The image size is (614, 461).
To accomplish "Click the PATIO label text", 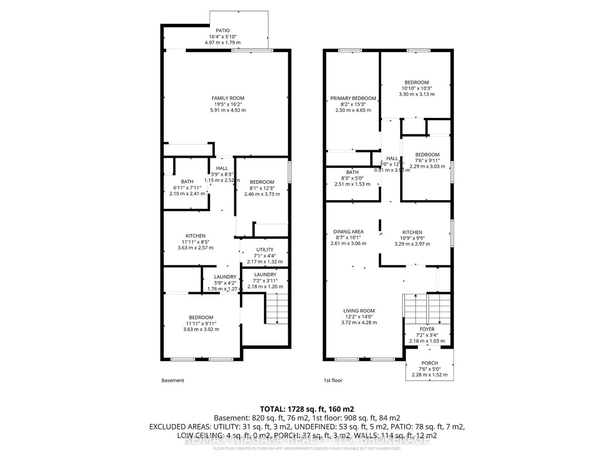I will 223,31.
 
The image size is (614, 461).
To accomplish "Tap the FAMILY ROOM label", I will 228,98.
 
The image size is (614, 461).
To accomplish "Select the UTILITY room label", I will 265,250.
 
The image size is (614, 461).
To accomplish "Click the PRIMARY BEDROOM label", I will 353,98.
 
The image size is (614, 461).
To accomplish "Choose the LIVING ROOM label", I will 359,311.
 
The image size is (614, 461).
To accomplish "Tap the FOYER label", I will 427,329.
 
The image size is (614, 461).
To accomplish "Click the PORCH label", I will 429,363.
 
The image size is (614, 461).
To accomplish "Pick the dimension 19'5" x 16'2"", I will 228,104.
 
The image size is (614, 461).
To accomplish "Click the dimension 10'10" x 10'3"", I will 417,88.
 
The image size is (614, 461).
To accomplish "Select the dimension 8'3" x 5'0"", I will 352,178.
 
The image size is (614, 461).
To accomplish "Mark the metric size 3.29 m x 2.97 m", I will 412,244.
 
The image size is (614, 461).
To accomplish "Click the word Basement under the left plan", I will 173,380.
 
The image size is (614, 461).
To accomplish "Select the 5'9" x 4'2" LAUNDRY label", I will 225,277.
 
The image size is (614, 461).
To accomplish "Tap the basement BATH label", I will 187,182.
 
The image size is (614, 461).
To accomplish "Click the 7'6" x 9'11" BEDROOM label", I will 427,155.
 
